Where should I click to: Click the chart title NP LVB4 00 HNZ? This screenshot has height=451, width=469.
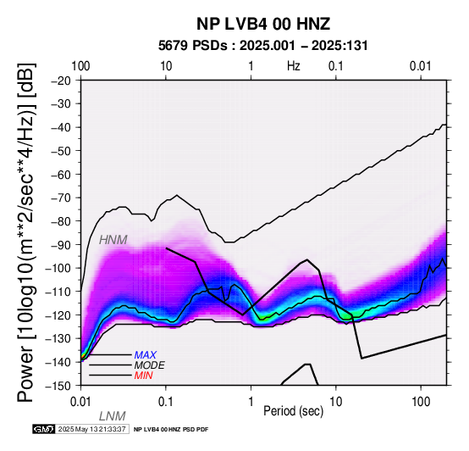point(263,24)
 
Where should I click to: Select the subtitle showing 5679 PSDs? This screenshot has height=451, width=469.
point(263,46)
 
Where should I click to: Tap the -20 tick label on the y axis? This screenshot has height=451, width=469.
point(61,81)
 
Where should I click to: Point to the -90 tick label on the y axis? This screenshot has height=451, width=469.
point(61,245)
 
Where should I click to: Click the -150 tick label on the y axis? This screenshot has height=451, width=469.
point(58,386)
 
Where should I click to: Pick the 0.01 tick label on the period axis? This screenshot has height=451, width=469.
point(80,402)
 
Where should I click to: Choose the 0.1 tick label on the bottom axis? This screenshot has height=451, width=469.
point(165,402)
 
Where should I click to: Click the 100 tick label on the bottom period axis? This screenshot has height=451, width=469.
point(421,402)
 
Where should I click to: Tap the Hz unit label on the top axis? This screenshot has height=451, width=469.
point(294,66)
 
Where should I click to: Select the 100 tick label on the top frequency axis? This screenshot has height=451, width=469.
point(80,66)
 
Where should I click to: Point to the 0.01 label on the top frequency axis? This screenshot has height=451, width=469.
point(421,66)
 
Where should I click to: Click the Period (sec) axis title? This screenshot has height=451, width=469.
point(294,411)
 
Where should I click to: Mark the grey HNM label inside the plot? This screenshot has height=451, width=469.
point(113,240)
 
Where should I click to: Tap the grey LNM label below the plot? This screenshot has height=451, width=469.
point(112,416)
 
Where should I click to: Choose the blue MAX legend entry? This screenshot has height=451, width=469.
point(145,355)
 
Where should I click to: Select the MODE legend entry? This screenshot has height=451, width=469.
point(149,365)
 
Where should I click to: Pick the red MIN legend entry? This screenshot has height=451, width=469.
point(144,376)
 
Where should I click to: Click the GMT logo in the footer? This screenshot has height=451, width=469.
point(44,429)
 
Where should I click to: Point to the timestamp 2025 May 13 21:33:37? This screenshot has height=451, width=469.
point(91,429)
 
